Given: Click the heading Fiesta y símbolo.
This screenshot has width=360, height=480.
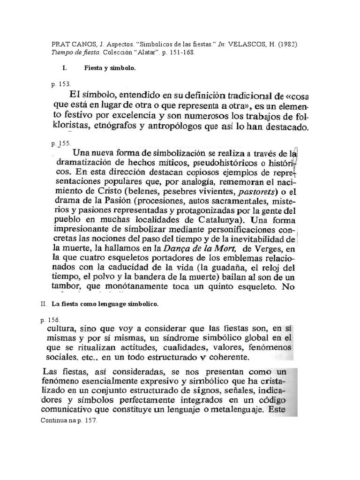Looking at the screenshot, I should click(110, 68).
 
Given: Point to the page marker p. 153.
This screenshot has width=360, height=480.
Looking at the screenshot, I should click(61, 84).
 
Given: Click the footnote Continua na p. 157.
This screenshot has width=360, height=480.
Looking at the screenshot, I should click(68, 421).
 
